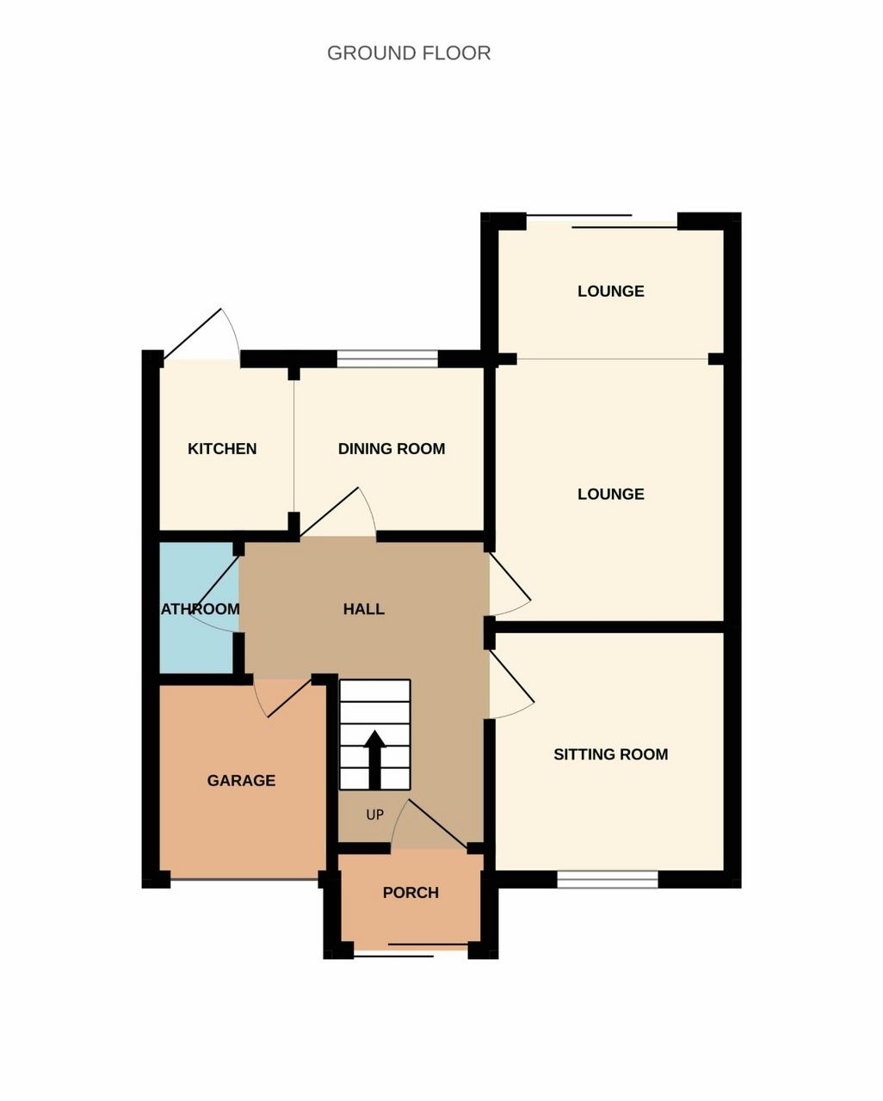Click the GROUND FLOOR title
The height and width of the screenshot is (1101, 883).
409,53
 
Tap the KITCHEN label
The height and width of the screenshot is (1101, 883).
222,449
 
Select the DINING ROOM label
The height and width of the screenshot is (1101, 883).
392,449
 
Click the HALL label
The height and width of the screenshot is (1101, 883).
363,609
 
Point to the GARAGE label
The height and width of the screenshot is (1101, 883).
241,780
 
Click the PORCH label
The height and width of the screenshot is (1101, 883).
411,893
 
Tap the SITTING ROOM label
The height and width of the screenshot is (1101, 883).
611,754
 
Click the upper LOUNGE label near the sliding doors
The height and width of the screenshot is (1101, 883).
611,291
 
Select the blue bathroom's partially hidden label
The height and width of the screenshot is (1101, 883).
201,609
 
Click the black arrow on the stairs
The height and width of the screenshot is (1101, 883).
374,760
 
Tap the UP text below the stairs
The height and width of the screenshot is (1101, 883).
374,815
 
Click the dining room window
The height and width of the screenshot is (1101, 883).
387,359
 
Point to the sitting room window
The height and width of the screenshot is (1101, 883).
608,879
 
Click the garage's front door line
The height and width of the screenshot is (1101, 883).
244,879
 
